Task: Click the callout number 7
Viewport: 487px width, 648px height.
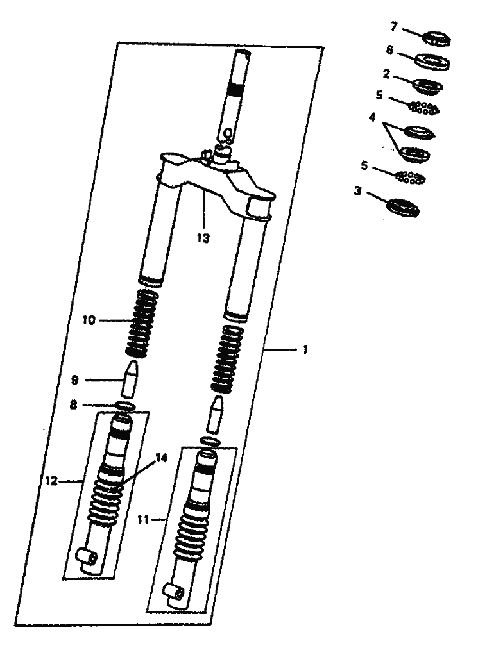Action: pyautogui.click(x=393, y=27)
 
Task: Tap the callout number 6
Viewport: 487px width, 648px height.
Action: pyautogui.click(x=389, y=50)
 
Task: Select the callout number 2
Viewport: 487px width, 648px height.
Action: pyautogui.click(x=386, y=74)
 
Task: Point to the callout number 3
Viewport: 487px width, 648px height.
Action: pyautogui.click(x=358, y=192)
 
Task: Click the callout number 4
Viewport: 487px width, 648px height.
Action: pyautogui.click(x=372, y=117)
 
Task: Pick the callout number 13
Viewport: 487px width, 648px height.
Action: pyautogui.click(x=203, y=238)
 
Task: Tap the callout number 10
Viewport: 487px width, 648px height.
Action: pyautogui.click(x=89, y=320)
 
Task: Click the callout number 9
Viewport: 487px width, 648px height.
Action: pyautogui.click(x=74, y=380)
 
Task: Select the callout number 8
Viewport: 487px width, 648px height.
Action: pyautogui.click(x=74, y=405)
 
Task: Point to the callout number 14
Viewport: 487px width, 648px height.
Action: pyautogui.click(x=161, y=458)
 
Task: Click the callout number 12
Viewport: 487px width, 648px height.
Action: pyautogui.click(x=51, y=481)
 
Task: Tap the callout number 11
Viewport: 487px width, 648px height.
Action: pyautogui.click(x=143, y=520)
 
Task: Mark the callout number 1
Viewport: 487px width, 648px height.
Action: pyautogui.click(x=305, y=350)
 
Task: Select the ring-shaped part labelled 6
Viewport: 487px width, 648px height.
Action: pyautogui.click(x=432, y=62)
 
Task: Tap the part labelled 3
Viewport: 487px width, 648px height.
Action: pyautogui.click(x=402, y=207)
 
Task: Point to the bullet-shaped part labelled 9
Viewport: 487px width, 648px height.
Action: pyautogui.click(x=129, y=379)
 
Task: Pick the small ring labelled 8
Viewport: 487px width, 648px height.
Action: pyautogui.click(x=125, y=406)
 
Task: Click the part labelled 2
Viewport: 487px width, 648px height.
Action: pyautogui.click(x=428, y=86)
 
